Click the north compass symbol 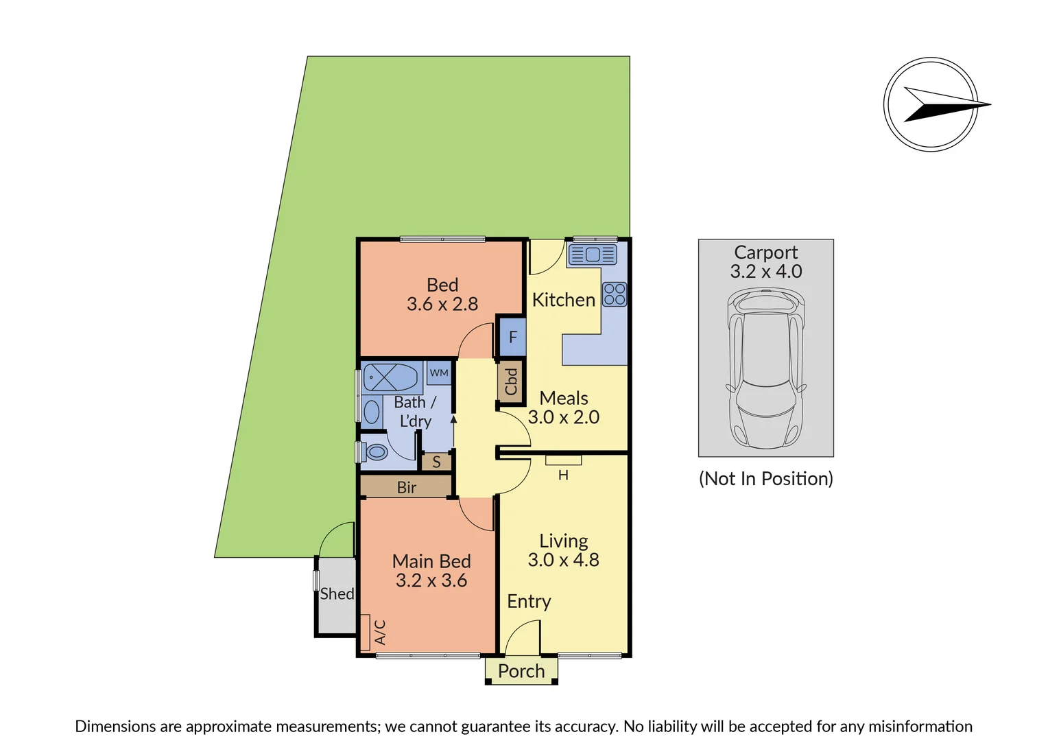931,104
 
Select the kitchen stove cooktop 615,294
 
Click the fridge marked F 512,337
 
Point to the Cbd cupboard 511,381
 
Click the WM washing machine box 439,373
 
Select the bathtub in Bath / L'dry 390,377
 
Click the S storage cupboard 436,462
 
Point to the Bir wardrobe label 407,487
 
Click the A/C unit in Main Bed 366,632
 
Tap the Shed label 337,594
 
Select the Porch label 521,671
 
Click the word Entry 529,602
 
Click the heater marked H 564,460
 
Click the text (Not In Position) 765,478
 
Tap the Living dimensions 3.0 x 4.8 563,560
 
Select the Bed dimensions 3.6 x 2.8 442,304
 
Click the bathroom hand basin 372,412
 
